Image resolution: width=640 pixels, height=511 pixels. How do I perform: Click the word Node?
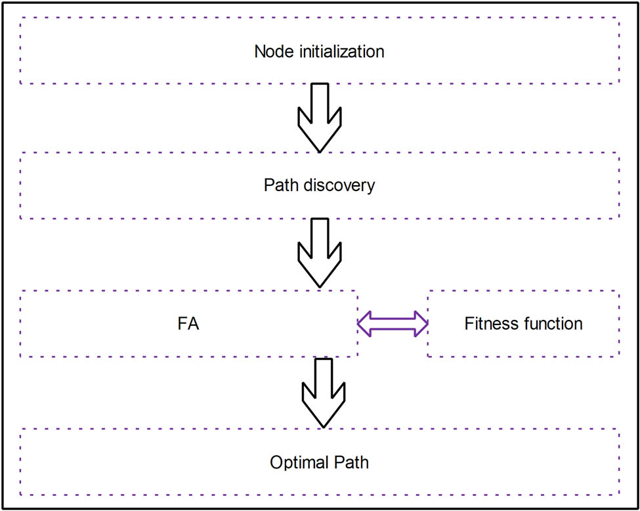pos(270,51)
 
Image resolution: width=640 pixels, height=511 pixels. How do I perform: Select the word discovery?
pos(342,185)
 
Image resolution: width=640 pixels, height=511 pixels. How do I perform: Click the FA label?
pos(188,324)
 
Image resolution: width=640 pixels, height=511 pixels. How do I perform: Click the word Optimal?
pos(295,462)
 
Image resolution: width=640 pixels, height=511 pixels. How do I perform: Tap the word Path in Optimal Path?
pos(350,462)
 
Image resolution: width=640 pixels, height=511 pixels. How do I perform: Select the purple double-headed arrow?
pos(393,324)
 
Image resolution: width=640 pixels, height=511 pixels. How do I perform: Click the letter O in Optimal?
pos(276,462)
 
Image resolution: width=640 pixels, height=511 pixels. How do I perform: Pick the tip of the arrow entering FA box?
pos(320,286)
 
